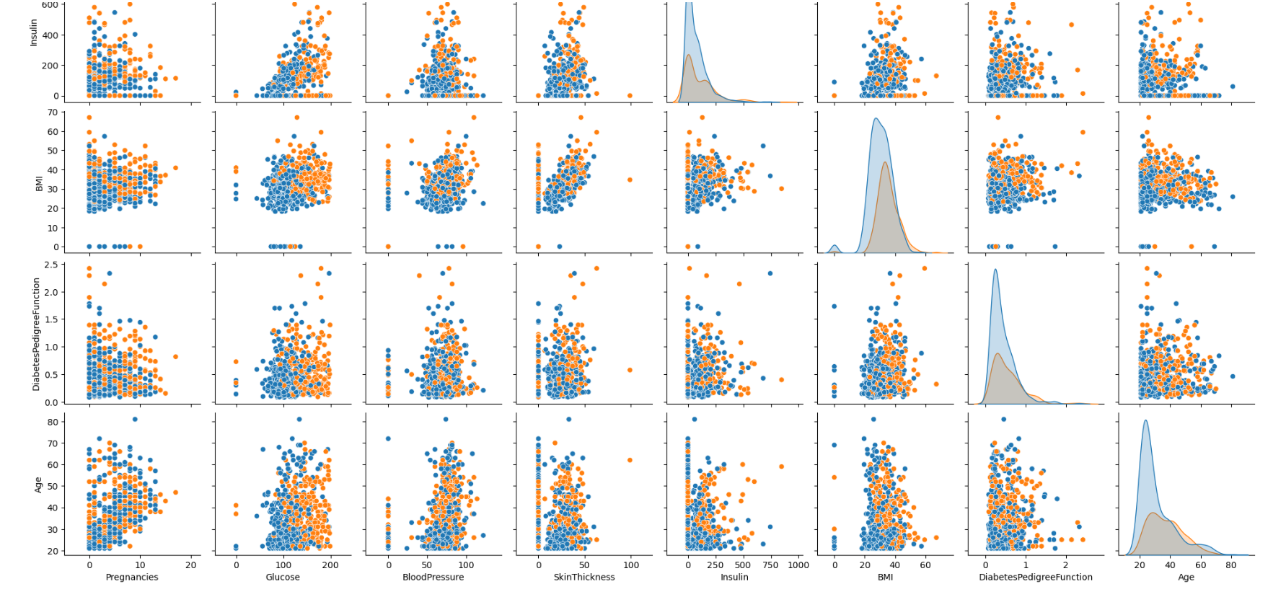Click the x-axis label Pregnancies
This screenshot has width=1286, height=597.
[132, 578]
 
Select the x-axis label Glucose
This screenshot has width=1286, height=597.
[283, 578]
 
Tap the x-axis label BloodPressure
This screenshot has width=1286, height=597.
[433, 578]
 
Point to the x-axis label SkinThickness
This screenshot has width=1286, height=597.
[584, 578]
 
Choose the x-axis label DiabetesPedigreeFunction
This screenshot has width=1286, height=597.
[1036, 578]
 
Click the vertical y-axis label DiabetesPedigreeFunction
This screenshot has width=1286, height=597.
[36, 335]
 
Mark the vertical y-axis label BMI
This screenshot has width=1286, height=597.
[40, 184]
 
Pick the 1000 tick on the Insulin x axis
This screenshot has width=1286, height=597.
[798, 565]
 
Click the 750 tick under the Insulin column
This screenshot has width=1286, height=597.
[770, 565]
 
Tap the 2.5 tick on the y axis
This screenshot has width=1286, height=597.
[51, 265]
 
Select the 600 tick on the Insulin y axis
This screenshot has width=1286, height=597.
[50, 5]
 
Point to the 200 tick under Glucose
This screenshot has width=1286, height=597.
[330, 565]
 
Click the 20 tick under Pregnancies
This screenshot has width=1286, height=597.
[190, 565]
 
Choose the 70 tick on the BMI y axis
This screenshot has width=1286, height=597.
[53, 112]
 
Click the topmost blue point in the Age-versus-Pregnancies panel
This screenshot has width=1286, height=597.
[135, 419]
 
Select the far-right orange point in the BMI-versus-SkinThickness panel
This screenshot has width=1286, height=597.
[630, 180]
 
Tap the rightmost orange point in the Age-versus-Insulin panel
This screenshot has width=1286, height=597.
[781, 466]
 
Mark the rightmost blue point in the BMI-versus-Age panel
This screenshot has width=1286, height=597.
[1233, 197]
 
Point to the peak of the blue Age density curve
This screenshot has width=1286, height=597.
[1145, 420]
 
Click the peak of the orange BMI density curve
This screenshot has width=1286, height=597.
[885, 162]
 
